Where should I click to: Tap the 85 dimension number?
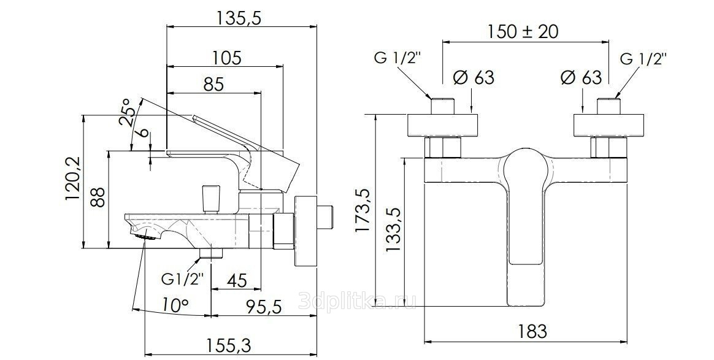(213, 85)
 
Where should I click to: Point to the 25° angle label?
(126, 112)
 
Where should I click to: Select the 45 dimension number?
(237, 281)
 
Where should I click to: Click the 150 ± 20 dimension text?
(523, 31)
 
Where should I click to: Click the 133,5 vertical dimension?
(393, 230)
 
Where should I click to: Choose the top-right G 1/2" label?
(644, 59)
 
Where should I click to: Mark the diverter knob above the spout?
(211, 199)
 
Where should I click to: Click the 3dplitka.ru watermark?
(358, 301)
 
